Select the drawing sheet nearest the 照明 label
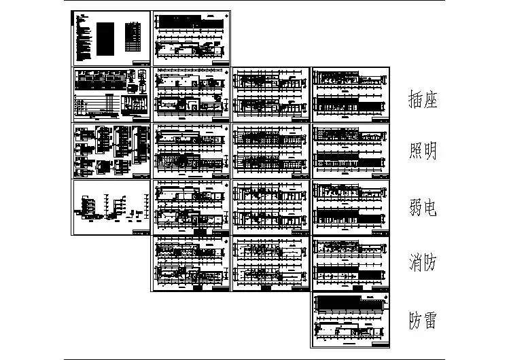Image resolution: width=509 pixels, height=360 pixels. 351,150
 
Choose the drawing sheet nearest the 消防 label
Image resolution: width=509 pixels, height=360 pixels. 351,263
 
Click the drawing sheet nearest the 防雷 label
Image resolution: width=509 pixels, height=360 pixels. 351,319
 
